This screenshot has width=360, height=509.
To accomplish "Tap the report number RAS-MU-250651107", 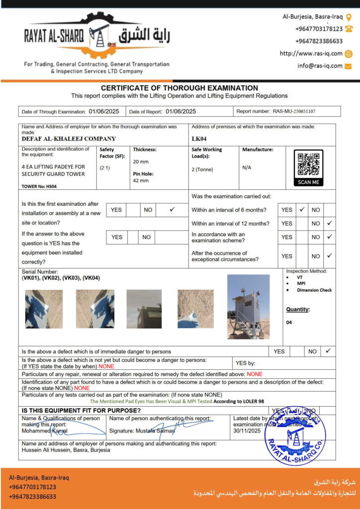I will pyautogui.click(x=294, y=112).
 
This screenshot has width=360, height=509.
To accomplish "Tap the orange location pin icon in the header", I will pyautogui.click(x=349, y=16).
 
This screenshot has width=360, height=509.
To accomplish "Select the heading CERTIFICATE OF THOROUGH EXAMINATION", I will pyautogui.click(x=180, y=88).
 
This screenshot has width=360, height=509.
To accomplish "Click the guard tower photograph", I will pyautogui.click(x=248, y=307).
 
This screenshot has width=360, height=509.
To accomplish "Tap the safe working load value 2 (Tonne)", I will pyautogui.click(x=202, y=170).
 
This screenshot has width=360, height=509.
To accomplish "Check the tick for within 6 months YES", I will pyautogui.click(x=301, y=210).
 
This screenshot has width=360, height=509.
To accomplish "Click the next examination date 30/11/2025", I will pyautogui.click(x=247, y=431).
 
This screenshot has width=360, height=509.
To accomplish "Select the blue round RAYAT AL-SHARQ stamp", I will pyautogui.click(x=295, y=435).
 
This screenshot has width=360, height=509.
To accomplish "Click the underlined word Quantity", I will pyautogui.click(x=297, y=310).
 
